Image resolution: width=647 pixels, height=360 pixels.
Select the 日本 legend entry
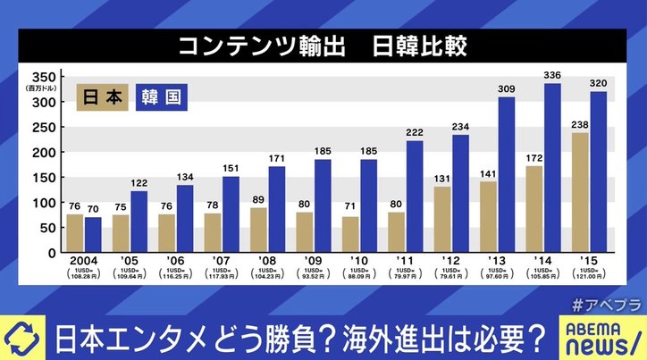[105, 96]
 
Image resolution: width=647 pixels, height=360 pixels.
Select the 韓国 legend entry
[162, 96]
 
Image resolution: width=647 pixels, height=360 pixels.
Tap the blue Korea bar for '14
[552, 168]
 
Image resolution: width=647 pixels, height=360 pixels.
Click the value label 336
[552, 75]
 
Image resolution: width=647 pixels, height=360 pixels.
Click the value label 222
[414, 132]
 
